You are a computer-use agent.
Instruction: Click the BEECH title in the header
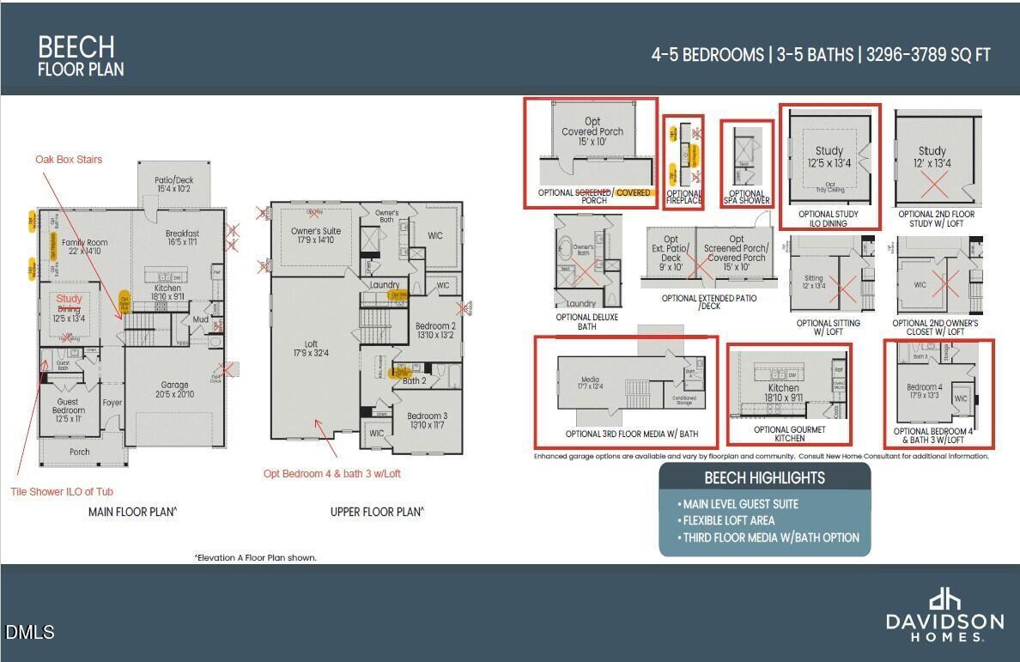(x=76, y=46)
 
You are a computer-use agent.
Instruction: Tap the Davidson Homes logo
(x=944, y=615)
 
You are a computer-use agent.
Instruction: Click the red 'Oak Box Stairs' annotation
(x=69, y=159)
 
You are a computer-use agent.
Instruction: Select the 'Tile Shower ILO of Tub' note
(x=62, y=491)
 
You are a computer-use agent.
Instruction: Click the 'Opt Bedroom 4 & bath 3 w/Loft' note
(x=331, y=473)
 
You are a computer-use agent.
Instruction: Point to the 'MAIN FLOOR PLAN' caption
(x=132, y=512)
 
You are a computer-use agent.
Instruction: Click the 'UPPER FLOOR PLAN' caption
(x=376, y=512)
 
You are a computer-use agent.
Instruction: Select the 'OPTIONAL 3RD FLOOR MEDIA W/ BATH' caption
(x=625, y=434)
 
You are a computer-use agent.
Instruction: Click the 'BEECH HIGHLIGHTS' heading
(x=764, y=478)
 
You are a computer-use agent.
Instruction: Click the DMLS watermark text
(x=30, y=633)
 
